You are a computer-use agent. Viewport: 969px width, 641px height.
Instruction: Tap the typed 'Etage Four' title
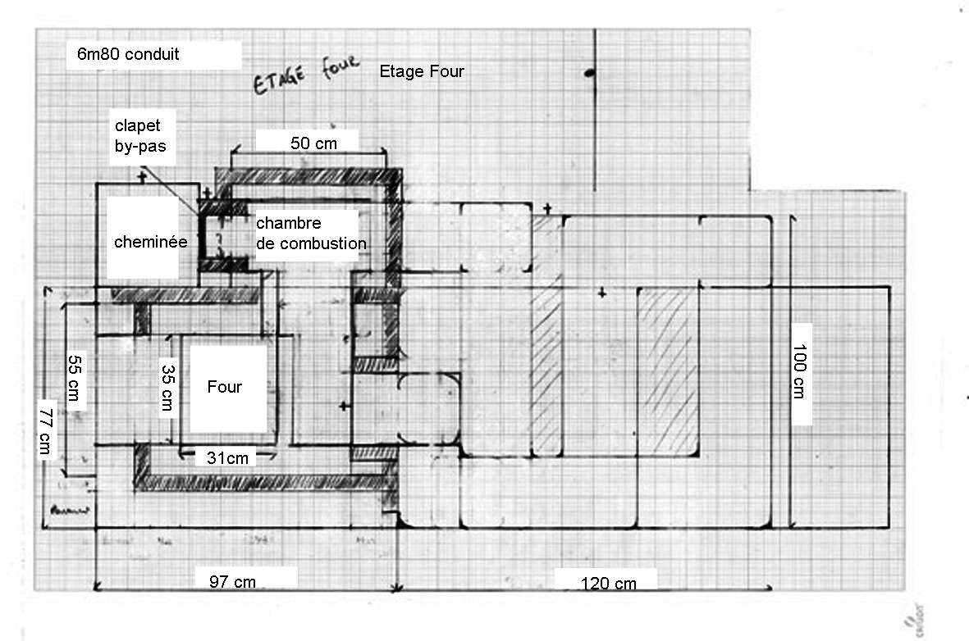point(422,72)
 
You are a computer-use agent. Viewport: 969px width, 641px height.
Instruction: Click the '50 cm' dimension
point(313,142)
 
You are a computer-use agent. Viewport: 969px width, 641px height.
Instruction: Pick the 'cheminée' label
point(151,242)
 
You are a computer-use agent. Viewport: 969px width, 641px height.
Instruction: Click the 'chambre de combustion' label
point(310,233)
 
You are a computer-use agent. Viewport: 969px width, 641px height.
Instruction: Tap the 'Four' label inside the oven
point(224,387)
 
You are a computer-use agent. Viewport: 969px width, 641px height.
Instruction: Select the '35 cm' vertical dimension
point(167,388)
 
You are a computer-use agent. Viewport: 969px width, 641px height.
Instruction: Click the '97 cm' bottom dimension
point(232,583)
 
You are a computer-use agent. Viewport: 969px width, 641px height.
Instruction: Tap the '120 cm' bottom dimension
point(608,584)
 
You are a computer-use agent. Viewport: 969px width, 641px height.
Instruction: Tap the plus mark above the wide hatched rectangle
point(603,293)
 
